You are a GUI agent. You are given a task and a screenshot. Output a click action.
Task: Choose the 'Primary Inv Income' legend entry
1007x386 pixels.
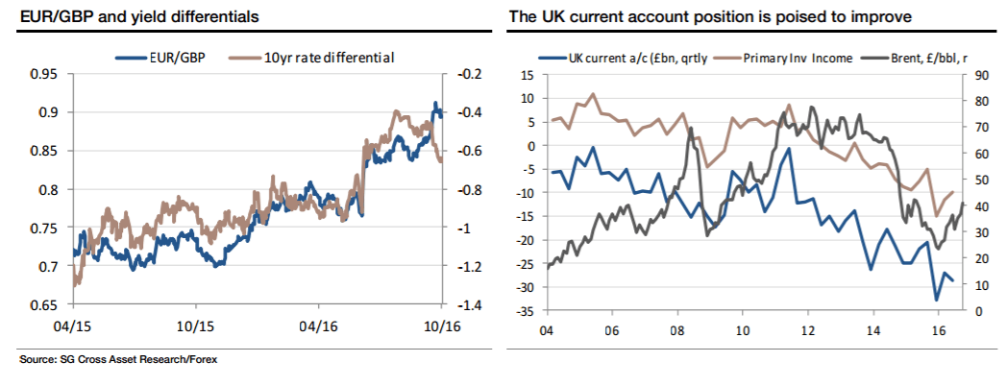[791, 58]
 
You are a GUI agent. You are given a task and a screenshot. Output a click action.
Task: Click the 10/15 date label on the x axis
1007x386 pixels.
[195, 326]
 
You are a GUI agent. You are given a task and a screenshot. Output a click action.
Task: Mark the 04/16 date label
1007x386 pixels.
[318, 326]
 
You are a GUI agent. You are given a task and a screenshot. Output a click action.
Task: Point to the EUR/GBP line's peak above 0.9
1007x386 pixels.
[435, 104]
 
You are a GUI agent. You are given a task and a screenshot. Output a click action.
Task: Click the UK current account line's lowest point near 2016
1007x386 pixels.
[937, 301]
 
